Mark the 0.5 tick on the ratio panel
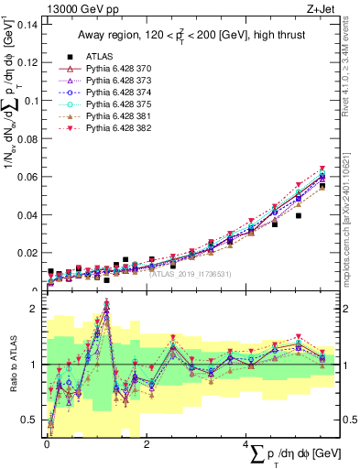coord(33,420)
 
